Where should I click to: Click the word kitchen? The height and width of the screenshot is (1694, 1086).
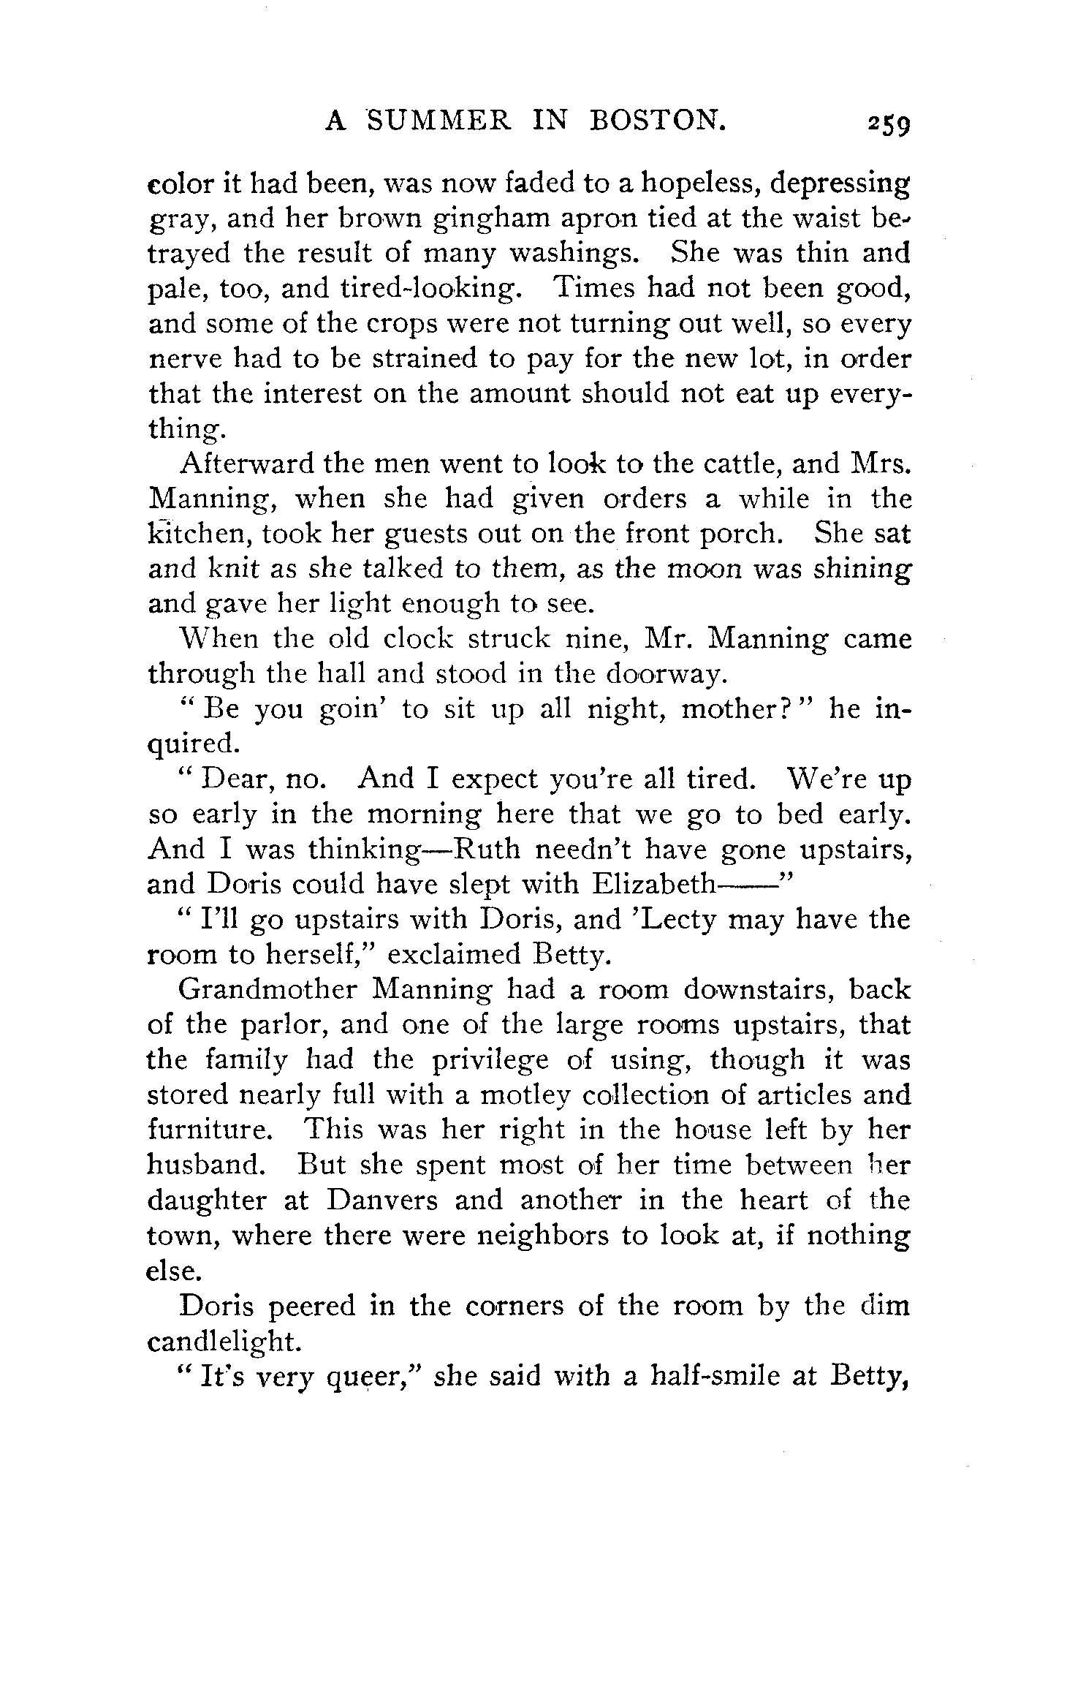click(199, 534)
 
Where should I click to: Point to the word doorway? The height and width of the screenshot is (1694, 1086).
click(665, 674)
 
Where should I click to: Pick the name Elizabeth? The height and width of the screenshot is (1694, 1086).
click(650, 884)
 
